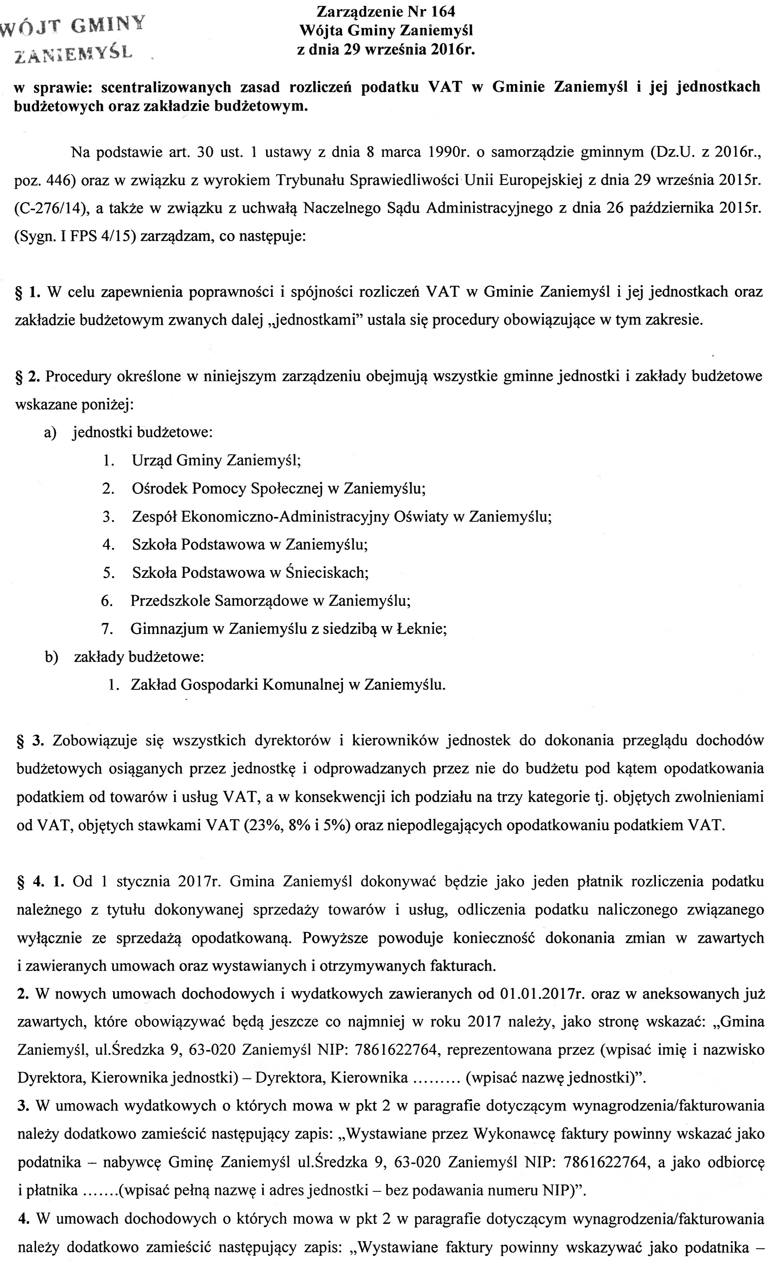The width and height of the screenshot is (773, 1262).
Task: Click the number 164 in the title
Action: click(x=441, y=11)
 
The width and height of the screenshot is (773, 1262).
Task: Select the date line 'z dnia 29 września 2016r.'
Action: click(x=386, y=50)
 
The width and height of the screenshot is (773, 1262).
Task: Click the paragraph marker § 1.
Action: click(x=28, y=292)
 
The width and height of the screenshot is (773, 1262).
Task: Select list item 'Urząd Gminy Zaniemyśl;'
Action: click(x=216, y=460)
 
